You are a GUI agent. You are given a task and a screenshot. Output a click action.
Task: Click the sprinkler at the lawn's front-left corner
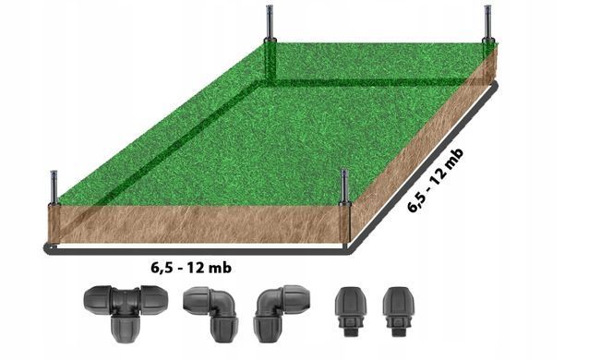coord(54,187)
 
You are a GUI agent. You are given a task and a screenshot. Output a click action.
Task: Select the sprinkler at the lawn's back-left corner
coord(270,23)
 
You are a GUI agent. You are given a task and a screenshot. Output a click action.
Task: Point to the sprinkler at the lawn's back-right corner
coord(487,23)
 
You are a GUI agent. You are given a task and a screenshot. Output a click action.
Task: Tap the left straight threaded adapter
coord(351,311)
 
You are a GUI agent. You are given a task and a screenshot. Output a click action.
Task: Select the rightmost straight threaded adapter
coord(399,311)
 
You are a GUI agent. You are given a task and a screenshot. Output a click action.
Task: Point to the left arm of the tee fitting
coord(97,300)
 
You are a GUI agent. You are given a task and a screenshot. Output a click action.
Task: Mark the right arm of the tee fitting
coord(154,300)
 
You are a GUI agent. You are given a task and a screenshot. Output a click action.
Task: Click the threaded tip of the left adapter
coord(351,331)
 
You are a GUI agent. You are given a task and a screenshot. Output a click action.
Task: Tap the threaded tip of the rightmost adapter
coord(399,331)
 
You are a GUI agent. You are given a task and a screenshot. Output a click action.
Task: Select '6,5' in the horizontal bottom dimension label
coord(161,268)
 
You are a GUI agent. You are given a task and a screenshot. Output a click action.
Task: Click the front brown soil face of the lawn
coord(198,224)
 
